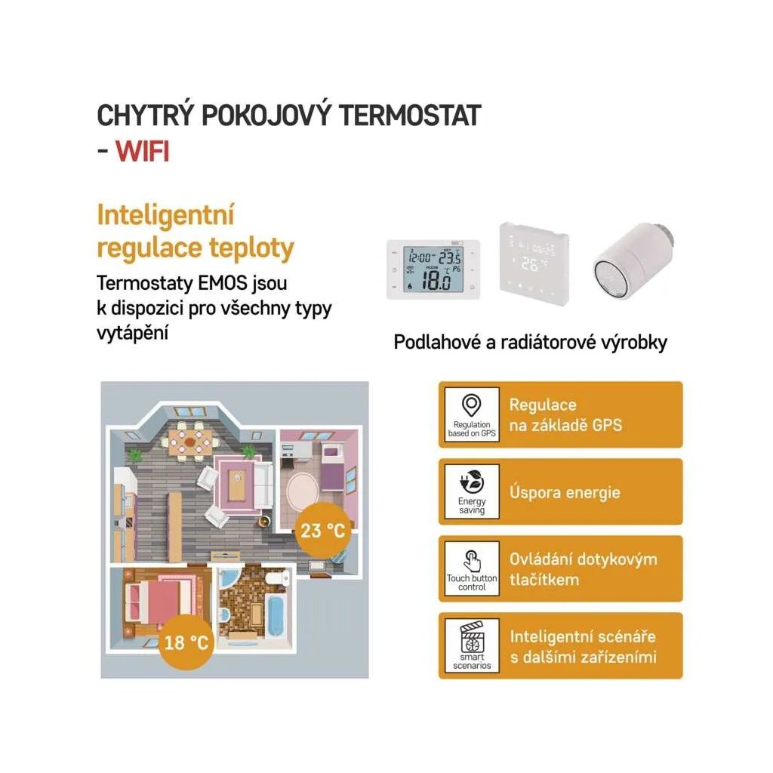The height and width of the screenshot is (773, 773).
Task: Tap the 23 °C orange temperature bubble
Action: click(322, 529)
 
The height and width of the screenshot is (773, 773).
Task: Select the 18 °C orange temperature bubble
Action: click(186, 642)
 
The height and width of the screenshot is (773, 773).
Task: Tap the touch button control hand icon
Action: click(473, 559)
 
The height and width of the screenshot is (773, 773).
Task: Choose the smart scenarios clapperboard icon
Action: click(473, 638)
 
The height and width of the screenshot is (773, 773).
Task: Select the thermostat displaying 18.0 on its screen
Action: click(433, 269)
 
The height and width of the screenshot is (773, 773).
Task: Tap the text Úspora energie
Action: click(565, 493)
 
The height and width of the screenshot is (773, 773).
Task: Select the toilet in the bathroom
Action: click(282, 578)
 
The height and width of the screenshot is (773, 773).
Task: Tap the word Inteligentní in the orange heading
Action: click(166, 215)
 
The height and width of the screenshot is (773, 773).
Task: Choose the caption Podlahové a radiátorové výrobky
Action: click(531, 342)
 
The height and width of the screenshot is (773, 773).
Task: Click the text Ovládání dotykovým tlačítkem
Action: click(583, 569)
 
